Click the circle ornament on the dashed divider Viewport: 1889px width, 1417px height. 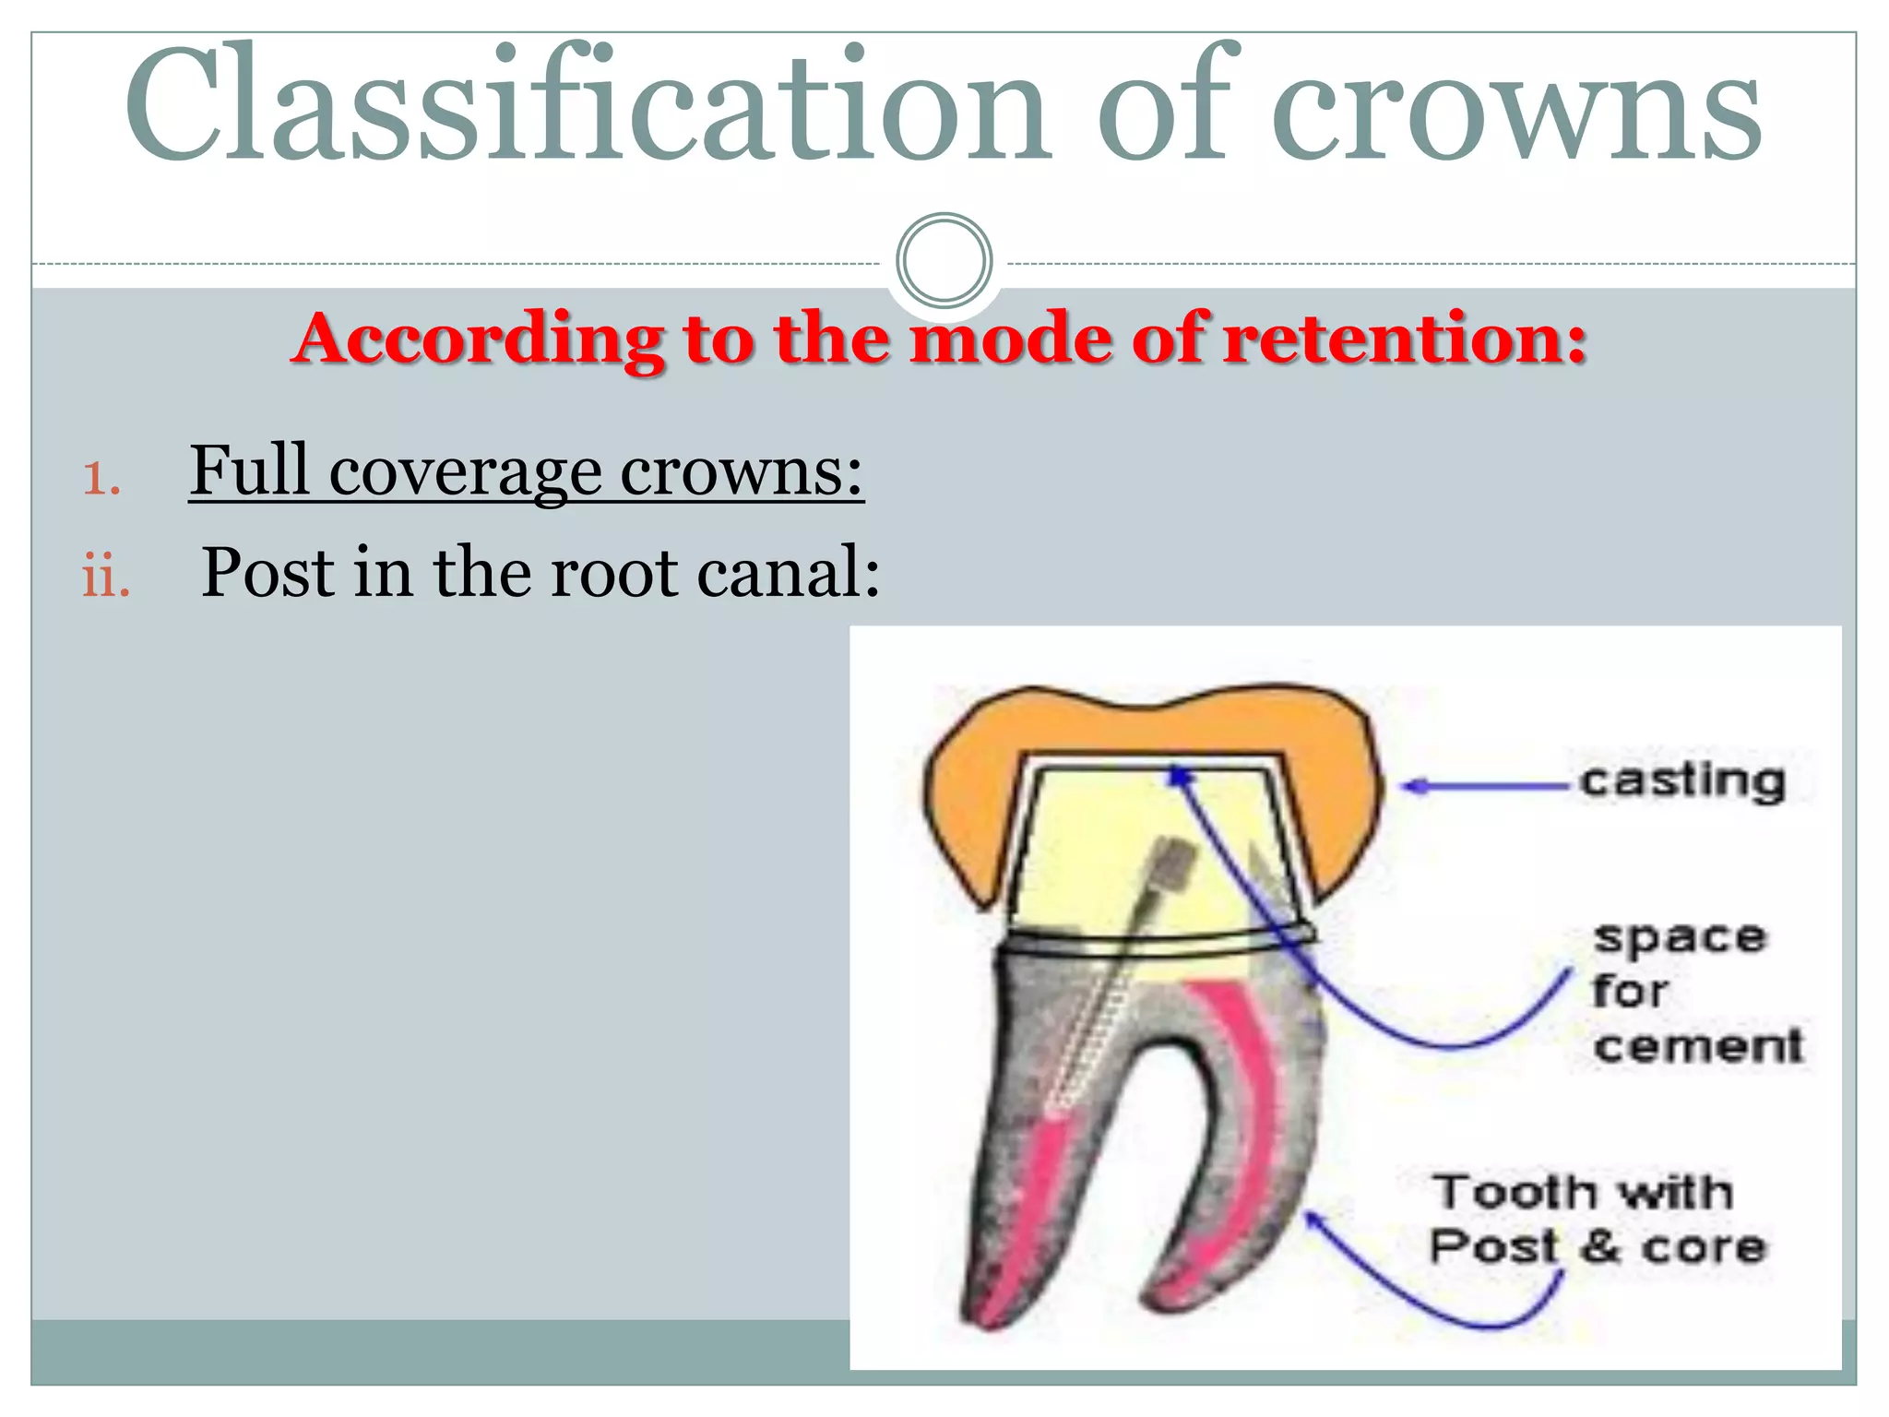pyautogui.click(x=944, y=261)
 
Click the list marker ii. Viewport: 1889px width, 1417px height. pyautogui.click(x=106, y=578)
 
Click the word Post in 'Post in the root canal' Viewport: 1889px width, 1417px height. pyautogui.click(x=267, y=573)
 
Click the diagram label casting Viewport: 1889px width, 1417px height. pyautogui.click(x=1681, y=782)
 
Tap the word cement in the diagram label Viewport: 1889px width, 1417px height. pyautogui.click(x=1697, y=1046)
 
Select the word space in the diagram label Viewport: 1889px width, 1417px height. pyautogui.click(x=1679, y=939)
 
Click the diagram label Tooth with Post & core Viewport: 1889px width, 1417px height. pyautogui.click(x=1596, y=1220)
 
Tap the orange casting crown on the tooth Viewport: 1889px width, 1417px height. pyautogui.click(x=968, y=803)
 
